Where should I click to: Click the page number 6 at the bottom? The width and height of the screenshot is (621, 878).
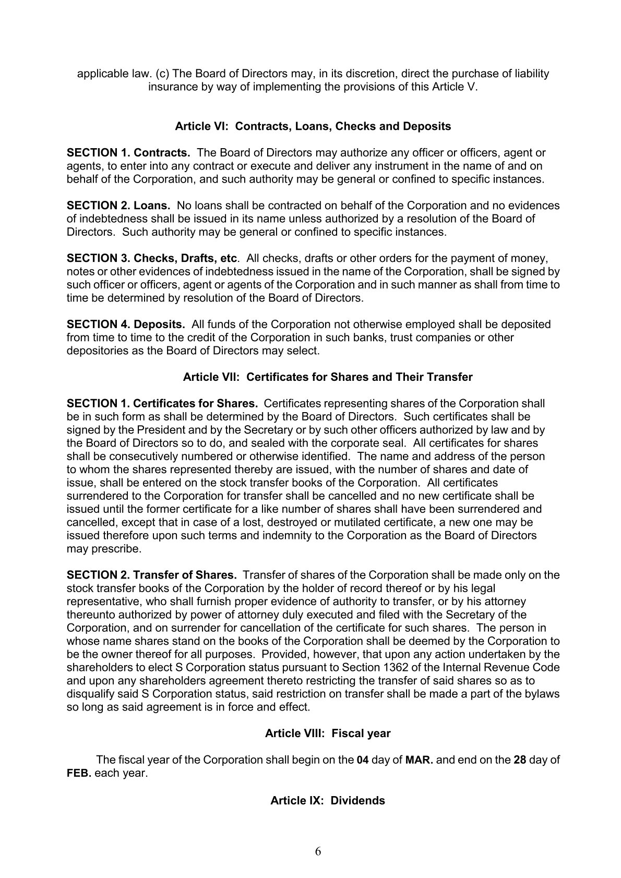pyautogui.click(x=318, y=852)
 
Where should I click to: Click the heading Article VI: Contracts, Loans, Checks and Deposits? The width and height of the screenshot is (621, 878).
pyautogui.click(x=313, y=126)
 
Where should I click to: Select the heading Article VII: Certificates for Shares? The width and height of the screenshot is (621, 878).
pyautogui.click(x=327, y=377)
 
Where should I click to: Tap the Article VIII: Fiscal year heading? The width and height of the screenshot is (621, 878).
pyautogui.click(x=327, y=733)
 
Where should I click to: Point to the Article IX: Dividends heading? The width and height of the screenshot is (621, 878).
pyautogui.click(x=327, y=800)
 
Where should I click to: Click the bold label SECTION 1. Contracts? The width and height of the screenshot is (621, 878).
pyautogui.click(x=128, y=153)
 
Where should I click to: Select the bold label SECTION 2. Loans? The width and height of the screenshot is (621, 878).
pyautogui.click(x=118, y=206)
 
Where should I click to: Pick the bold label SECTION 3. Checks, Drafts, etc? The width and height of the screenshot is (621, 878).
pyautogui.click(x=152, y=258)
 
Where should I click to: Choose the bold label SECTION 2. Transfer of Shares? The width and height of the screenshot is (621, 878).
pyautogui.click(x=152, y=575)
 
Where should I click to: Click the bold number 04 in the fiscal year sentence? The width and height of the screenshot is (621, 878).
pyautogui.click(x=363, y=760)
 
